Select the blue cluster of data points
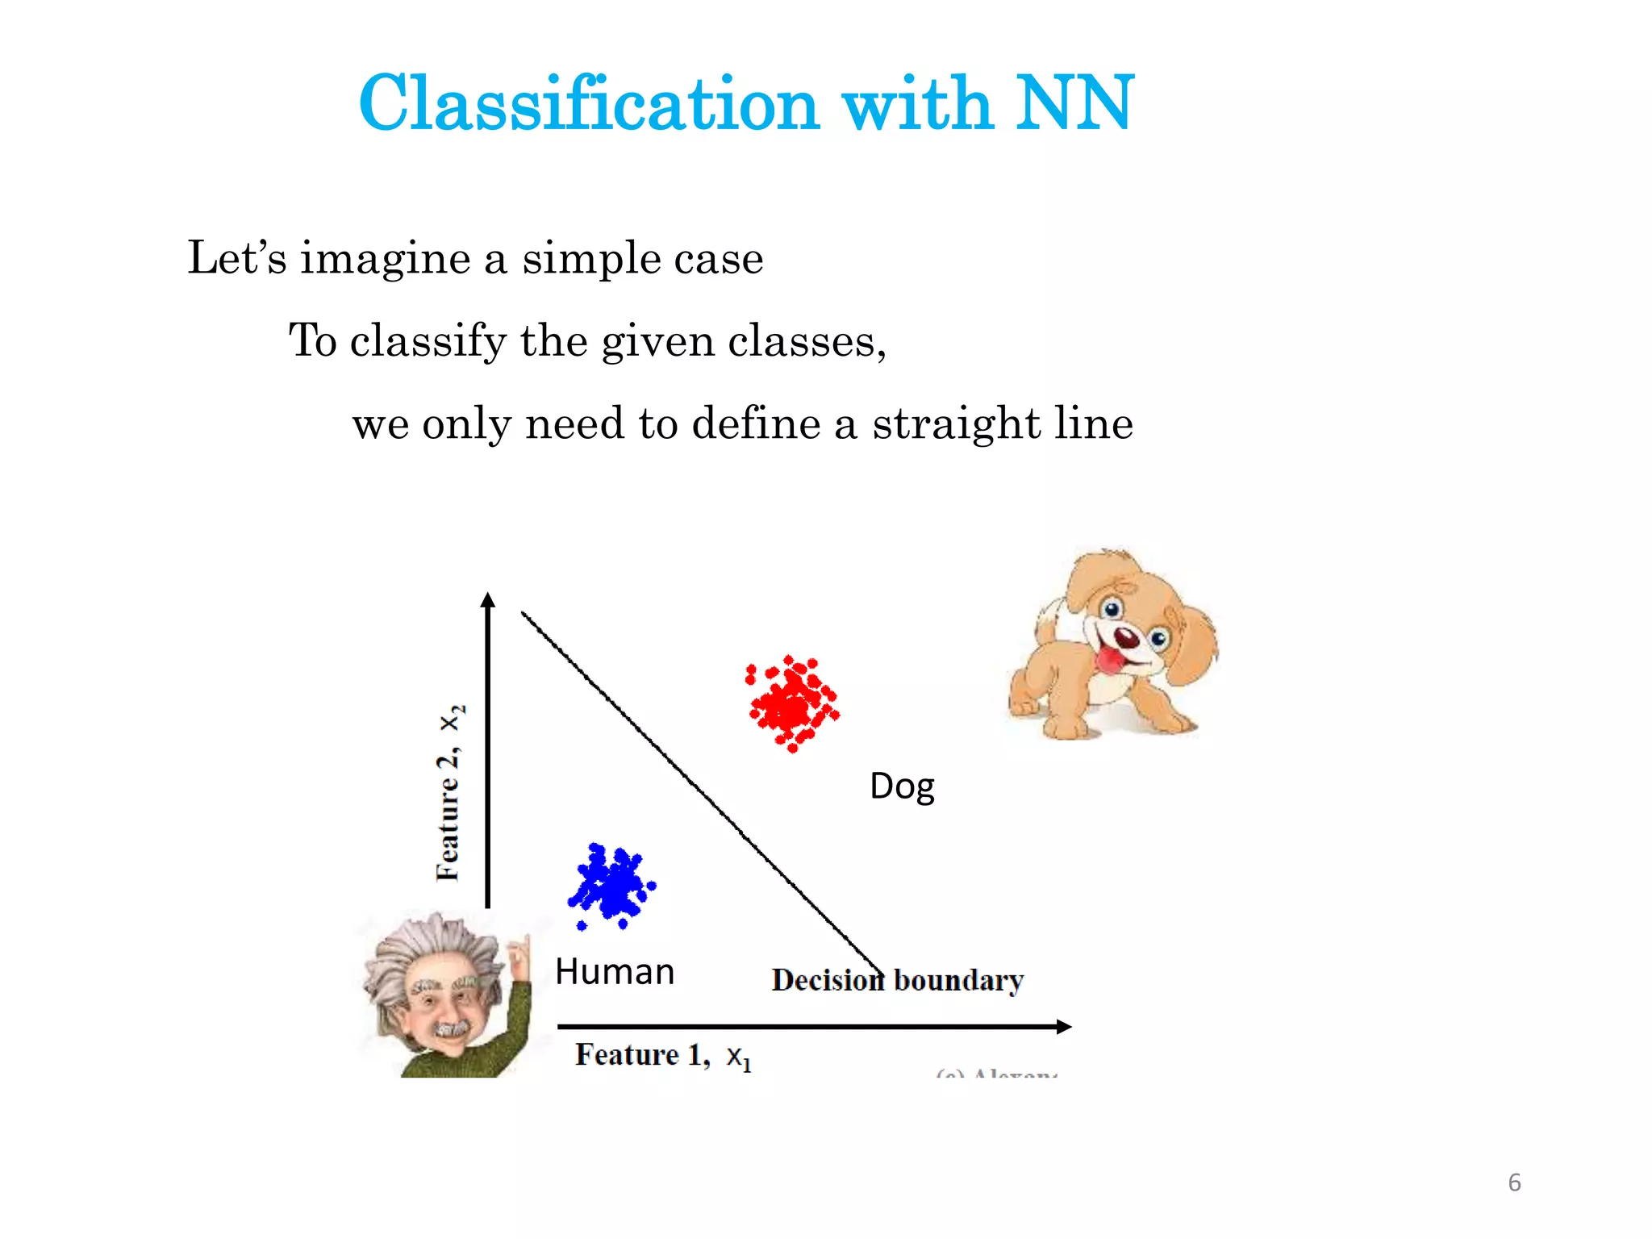click(612, 886)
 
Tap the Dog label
click(902, 786)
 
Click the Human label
click(615, 972)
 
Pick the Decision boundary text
click(897, 981)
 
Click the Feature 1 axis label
click(662, 1055)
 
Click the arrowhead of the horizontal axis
click(1064, 1026)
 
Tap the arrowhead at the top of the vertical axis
click(487, 599)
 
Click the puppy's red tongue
click(1112, 660)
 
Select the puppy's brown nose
click(1127, 637)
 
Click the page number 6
click(1514, 1183)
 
